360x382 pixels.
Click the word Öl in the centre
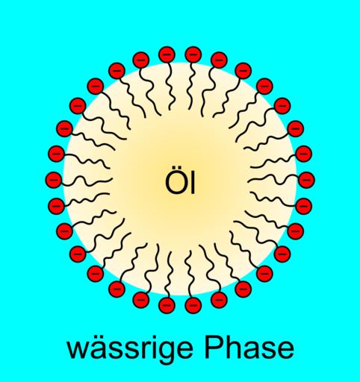180,183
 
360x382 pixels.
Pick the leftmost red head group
53,180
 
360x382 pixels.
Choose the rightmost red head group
307,180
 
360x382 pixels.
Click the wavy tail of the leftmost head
87,181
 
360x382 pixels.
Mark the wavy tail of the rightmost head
273,180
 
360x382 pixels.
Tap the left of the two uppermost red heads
167,54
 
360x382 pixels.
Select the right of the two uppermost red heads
193,54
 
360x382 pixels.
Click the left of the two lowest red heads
167,305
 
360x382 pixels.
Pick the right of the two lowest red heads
193,305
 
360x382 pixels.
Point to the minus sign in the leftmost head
53,180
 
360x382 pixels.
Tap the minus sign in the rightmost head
307,180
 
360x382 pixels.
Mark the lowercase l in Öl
193,183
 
